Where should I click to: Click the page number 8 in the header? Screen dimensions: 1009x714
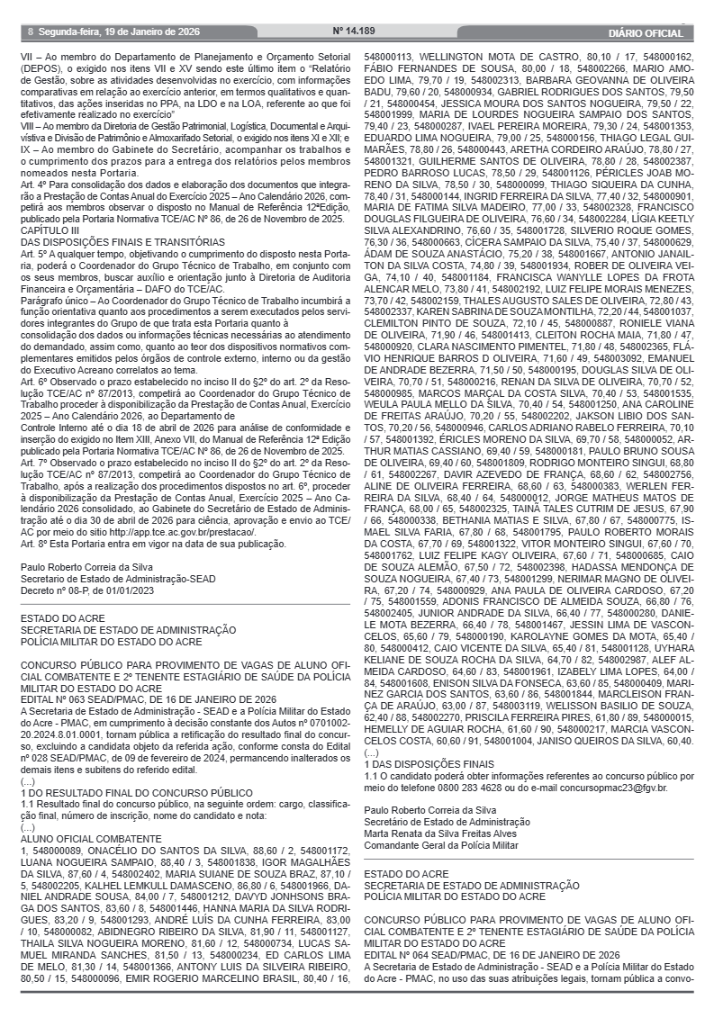pos(30,31)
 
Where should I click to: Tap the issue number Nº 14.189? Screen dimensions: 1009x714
pos(353,31)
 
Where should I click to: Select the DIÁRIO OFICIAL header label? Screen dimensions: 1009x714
pos(646,32)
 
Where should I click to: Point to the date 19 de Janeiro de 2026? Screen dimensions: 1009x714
pos(148,31)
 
